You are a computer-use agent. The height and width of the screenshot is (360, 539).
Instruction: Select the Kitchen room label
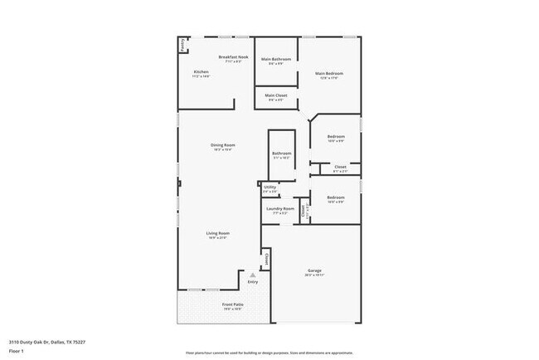coord(202,72)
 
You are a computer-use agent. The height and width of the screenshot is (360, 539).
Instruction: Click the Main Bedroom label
coord(329,74)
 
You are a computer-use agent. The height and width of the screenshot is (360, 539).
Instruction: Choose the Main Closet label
coord(275,95)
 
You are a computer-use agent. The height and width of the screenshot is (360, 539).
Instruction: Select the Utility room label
coord(270,187)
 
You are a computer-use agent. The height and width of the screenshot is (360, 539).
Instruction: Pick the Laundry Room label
coord(280,209)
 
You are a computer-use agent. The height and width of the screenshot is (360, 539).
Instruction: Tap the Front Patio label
coord(232,304)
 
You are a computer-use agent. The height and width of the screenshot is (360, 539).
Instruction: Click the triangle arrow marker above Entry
coord(253,275)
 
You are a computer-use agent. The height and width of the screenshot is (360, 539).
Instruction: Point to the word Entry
coord(253,282)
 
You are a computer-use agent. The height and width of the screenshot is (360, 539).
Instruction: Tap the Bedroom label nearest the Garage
coord(335,197)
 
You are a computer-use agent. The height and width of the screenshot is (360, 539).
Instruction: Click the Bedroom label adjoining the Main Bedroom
coord(335,137)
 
